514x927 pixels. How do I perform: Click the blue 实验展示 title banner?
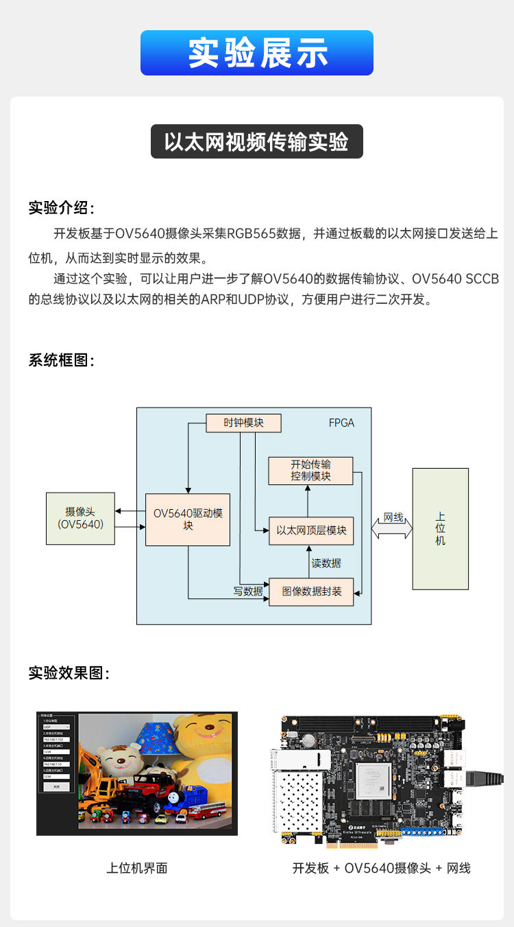point(257,53)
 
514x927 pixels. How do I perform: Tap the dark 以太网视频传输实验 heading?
point(256,142)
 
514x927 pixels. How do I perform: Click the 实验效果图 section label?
point(69,673)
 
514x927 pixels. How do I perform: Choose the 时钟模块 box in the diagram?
point(244,423)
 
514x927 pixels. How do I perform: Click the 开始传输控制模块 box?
point(310,471)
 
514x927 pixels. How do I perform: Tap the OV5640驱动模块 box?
point(188,519)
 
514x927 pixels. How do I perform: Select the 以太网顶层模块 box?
point(311,530)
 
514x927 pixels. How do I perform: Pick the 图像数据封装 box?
point(311,591)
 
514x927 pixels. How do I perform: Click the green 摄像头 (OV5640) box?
point(80,518)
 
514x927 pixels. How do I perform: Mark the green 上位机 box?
point(440,528)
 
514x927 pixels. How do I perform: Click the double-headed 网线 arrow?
point(392,527)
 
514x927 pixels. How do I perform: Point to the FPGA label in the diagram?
point(341,423)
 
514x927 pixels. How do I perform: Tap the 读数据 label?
point(326,563)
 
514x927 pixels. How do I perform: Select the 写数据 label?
point(248,591)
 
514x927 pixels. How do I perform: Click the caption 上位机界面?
point(137,868)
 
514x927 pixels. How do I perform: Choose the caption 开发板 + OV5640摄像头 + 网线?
point(381,868)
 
